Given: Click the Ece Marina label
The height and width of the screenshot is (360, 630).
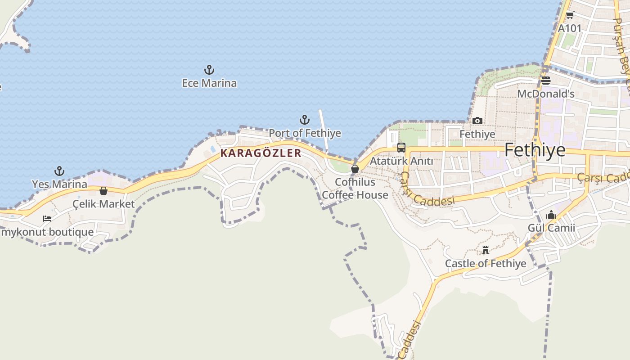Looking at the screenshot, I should point(209,83).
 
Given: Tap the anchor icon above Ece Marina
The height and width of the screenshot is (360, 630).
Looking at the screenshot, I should point(209,70).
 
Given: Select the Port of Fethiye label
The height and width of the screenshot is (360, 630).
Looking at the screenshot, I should point(305,134).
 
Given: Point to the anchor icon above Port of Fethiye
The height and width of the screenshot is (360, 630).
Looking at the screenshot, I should point(305,120).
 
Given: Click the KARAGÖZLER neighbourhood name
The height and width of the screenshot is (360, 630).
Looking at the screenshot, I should point(261,153).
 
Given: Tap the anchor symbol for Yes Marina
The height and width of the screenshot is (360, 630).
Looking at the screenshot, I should point(59,171).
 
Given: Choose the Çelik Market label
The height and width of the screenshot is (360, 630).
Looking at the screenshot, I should point(103,204).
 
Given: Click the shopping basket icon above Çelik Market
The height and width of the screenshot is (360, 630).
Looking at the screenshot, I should point(103,191).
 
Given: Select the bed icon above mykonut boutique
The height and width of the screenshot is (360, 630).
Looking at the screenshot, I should point(47,219).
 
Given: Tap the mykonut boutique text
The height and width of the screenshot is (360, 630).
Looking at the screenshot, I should point(47,232).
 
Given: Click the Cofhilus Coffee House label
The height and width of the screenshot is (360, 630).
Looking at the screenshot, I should point(355,189).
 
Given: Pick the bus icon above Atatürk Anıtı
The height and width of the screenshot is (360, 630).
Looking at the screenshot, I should point(401,147).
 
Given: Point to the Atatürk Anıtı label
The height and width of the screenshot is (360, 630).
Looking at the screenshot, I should point(401,161).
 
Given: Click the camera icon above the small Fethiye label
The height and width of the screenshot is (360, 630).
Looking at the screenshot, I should point(477,121).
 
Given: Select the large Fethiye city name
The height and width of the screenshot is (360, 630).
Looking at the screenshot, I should point(535,150).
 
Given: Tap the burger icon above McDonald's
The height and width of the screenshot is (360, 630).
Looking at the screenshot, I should point(546,81).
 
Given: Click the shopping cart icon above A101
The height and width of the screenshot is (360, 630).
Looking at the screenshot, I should point(570,15).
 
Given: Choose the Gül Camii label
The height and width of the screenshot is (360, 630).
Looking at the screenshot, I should point(551,228).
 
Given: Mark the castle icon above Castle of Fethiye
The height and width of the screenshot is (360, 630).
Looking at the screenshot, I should point(486,250).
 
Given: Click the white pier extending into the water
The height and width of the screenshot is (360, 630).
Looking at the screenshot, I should point(324,130).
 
